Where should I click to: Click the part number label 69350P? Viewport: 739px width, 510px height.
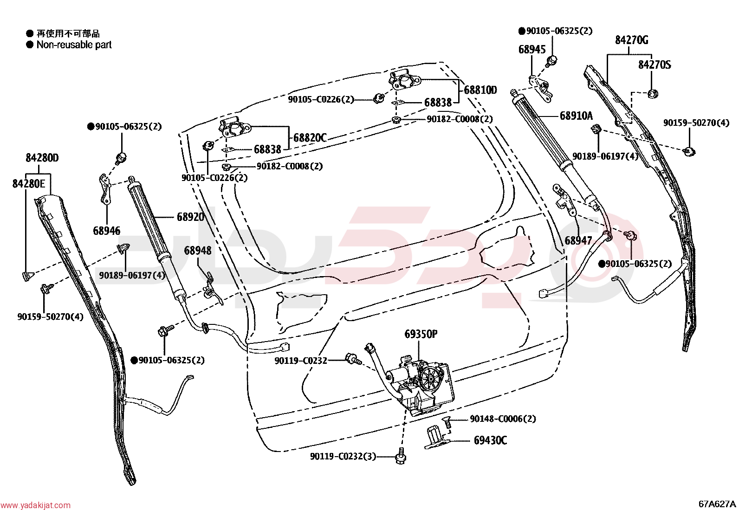[x=421, y=334]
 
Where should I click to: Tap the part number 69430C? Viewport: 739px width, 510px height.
[x=490, y=440]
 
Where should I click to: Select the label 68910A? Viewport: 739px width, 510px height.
[x=576, y=116]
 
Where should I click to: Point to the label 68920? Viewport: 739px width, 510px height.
[x=191, y=217]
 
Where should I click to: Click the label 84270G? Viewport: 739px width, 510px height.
[x=631, y=40]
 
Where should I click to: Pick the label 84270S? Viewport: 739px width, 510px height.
[x=655, y=65]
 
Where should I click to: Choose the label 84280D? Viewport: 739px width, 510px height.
[x=42, y=158]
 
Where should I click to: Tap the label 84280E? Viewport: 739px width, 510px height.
[x=29, y=183]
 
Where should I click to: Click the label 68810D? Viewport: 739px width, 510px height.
[x=480, y=90]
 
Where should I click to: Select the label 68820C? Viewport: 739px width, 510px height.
[x=310, y=137]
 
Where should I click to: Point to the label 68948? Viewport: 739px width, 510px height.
[x=198, y=251]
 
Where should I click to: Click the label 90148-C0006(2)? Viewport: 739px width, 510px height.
[x=503, y=419]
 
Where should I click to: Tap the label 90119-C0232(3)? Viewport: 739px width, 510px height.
[x=343, y=456]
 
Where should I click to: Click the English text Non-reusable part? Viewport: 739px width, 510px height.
[x=74, y=45]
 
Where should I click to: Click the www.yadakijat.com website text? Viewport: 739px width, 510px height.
[x=35, y=505]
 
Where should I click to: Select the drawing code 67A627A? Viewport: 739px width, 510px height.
[x=717, y=504]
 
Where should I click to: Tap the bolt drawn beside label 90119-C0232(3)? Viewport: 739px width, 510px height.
[x=401, y=456]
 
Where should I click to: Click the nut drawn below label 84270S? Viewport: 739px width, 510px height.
[x=653, y=94]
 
